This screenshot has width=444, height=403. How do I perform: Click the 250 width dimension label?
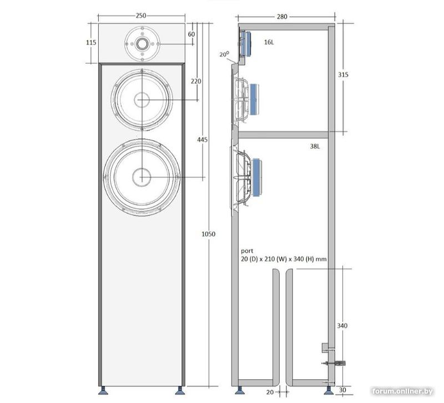141,16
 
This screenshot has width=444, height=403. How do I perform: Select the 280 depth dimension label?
282,17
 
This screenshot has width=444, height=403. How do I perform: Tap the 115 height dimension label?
91,43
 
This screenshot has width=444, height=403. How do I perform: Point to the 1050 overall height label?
209,234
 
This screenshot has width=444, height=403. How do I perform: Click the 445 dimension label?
203,140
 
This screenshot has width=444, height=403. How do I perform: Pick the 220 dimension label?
196,81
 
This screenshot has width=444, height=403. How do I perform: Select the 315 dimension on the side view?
343,75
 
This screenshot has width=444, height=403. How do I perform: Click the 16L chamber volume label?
269,43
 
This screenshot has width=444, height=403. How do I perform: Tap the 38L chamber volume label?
315,146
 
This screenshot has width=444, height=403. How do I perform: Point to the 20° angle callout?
224,54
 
